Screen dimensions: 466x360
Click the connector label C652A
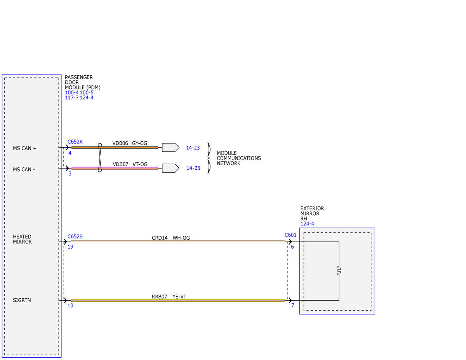pyautogui.click(x=75, y=142)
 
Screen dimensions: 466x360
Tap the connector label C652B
pyautogui.click(x=75, y=237)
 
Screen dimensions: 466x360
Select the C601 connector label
pyautogui.click(x=290, y=235)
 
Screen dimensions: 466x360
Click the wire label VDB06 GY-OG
pyautogui.click(x=130, y=143)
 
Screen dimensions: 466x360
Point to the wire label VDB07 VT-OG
pyautogui.click(x=130, y=164)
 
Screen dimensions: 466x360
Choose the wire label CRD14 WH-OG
pyautogui.click(x=171, y=238)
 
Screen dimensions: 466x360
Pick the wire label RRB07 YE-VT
pyautogui.click(x=169, y=297)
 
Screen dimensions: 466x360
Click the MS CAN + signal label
pyautogui.click(x=25, y=148)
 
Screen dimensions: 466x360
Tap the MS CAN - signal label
pyautogui.click(x=24, y=169)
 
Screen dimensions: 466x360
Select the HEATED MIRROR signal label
pyautogui.click(x=22, y=239)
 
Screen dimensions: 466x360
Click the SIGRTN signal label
pyautogui.click(x=22, y=300)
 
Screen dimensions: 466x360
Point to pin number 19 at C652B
pyautogui.click(x=70, y=247)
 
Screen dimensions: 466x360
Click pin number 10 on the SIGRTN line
pyautogui.click(x=70, y=306)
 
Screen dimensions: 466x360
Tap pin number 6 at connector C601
pyautogui.click(x=292, y=247)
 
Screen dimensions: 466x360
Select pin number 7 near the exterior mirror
pyautogui.click(x=293, y=305)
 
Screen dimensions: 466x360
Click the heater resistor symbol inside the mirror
pyautogui.click(x=339, y=270)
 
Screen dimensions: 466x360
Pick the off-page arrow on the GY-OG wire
pyautogui.click(x=170, y=148)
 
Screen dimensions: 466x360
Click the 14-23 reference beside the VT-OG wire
pyautogui.click(x=193, y=168)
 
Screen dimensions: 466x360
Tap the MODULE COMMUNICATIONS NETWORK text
pyautogui.click(x=239, y=158)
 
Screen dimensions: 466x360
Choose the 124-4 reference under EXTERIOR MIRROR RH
pyautogui.click(x=307, y=224)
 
